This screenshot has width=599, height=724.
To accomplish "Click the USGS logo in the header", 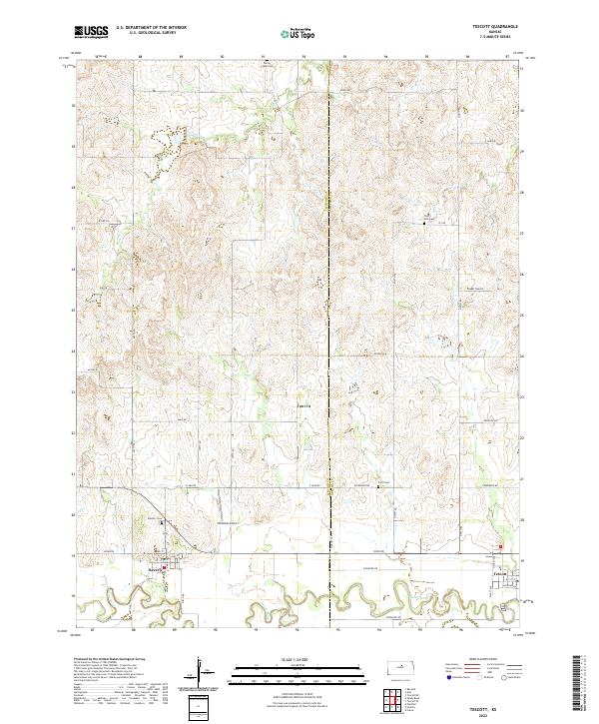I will (x=92, y=33).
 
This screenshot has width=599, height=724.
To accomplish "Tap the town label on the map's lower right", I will (x=501, y=573).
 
